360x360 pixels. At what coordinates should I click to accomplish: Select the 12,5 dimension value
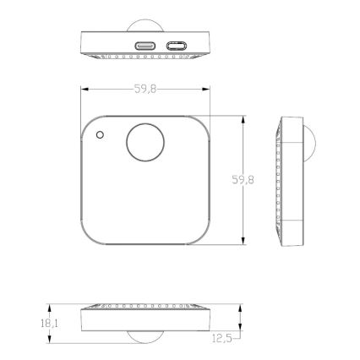click(x=221, y=338)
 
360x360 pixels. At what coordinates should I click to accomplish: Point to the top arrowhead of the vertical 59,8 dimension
click(x=243, y=119)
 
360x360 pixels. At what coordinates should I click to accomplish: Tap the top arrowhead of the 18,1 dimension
click(x=49, y=308)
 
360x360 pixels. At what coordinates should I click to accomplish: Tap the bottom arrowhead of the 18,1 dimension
click(x=49, y=340)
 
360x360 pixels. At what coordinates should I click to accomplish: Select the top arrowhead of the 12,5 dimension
click(x=242, y=308)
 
